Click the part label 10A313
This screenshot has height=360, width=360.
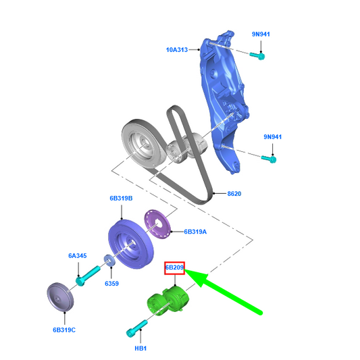pos(176,49)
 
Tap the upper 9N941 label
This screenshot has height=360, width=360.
pos(261,34)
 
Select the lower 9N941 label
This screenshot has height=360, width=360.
pos(272,137)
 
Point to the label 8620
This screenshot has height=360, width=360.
pos(234,194)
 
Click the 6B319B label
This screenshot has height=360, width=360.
pos(121,199)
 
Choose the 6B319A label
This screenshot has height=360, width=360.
pos(195,232)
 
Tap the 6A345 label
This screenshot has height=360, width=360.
pos(78,256)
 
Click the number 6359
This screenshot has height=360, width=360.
pos(111,284)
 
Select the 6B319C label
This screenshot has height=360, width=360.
pos(64,330)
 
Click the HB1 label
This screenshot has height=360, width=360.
pos(140,349)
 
